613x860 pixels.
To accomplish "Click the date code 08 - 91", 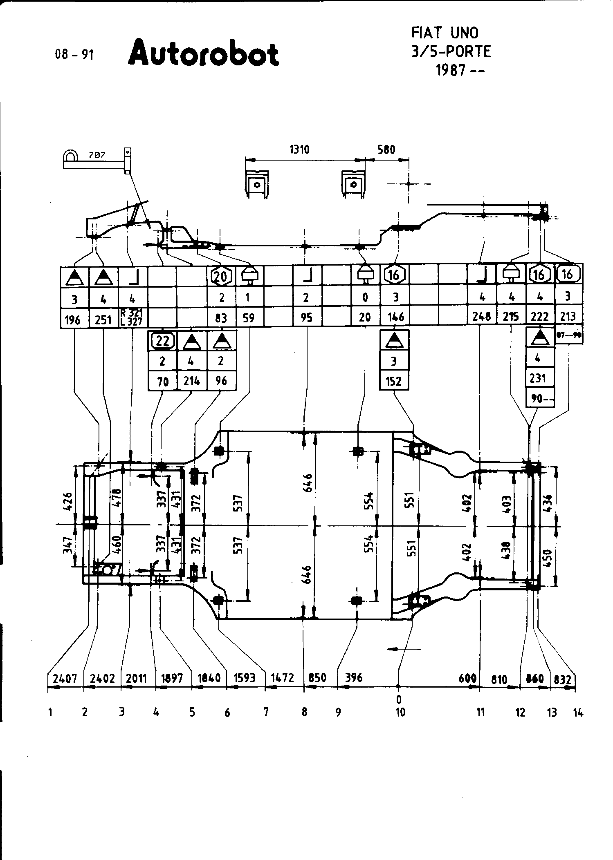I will coord(74,54).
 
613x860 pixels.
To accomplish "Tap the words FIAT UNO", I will coord(445,33).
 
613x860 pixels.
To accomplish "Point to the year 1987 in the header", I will coord(451,71).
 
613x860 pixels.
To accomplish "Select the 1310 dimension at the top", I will coord(299,150).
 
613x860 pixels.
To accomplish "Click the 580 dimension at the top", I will coord(386,150).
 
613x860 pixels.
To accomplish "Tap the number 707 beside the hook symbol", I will coord(97,155).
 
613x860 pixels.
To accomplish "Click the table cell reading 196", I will coord(74,319).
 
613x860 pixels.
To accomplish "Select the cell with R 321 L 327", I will coord(132,317).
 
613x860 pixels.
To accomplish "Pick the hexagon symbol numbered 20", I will coord(221,276).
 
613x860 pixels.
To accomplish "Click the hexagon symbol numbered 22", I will coord(163,340).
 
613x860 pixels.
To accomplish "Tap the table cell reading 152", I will coord(394,381).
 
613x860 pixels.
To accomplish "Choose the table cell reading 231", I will coord(538,378).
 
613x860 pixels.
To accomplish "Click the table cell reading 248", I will coord(482,317).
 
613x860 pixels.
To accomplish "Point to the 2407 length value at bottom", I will coord(65,679).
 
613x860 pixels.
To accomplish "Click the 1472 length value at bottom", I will coord(283,678).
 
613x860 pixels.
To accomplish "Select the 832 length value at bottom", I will coord(563,679).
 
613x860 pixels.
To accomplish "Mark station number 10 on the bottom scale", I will coord(400,712).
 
